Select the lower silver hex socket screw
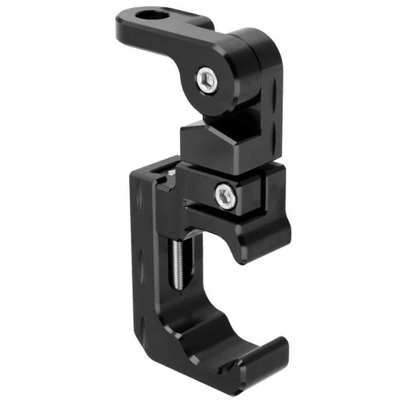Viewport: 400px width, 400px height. [226, 195]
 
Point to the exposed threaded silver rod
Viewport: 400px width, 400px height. [176, 264]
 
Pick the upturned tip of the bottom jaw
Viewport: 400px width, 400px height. [275, 351]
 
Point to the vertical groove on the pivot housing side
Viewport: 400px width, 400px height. [274, 93]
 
